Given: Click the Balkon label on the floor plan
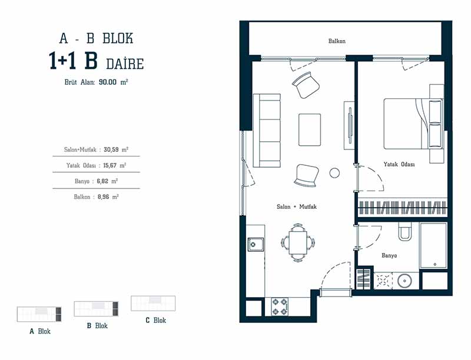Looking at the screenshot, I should [337, 41].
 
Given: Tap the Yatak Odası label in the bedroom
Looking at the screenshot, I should [399, 165].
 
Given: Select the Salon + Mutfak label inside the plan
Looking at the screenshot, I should [297, 207].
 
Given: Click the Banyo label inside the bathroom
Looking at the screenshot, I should [389, 255].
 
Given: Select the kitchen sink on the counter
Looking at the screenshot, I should [256, 243].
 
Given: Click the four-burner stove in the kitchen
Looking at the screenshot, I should [279, 306].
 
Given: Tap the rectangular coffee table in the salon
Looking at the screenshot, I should [310, 129].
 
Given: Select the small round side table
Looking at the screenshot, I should [334, 173].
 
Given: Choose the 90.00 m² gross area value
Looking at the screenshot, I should [109, 82].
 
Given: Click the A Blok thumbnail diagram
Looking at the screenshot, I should [39, 314].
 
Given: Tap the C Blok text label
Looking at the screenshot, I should [155, 321].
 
